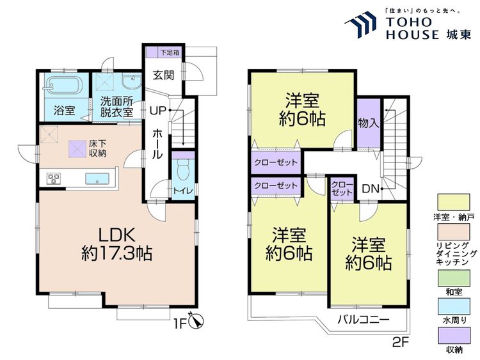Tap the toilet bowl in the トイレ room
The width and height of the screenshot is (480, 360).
(183, 172)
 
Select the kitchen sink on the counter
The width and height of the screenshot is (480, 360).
(97, 178)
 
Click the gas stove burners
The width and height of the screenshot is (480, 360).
(54, 178)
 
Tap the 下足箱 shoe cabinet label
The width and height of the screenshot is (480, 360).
(170, 52)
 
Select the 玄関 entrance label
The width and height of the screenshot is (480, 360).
(163, 75)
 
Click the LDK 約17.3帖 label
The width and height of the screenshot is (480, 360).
(116, 244)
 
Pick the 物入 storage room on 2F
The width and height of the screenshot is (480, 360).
(369, 123)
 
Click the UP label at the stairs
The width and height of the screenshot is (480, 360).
(157, 110)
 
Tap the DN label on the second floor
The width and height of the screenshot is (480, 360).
(371, 189)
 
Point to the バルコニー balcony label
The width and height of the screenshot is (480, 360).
(364, 320)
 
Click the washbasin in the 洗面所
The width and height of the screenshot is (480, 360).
(131, 81)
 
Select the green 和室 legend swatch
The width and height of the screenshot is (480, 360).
(454, 278)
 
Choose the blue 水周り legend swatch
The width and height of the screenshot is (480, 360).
(454, 306)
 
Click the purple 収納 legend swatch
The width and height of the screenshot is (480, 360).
(454, 336)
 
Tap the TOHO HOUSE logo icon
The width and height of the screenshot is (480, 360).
(360, 23)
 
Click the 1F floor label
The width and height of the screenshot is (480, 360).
(180, 324)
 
